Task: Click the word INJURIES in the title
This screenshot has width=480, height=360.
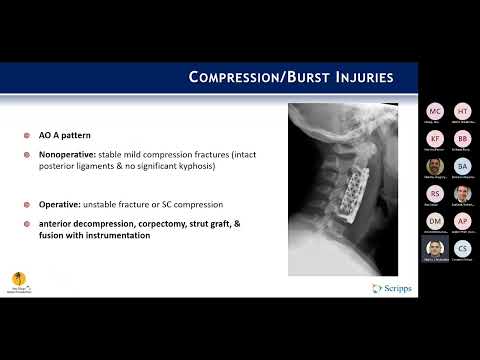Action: point(355,77)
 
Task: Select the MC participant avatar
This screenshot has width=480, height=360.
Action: point(435,111)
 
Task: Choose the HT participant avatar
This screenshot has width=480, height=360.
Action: point(462,111)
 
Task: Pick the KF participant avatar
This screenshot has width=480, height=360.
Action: point(435,138)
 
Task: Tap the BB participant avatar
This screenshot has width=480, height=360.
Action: point(462,138)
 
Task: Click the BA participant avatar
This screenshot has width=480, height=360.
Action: point(462,166)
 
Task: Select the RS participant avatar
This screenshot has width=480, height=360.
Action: point(435,193)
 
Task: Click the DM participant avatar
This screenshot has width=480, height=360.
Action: point(435,220)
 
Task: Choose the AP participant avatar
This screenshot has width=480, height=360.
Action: point(462,220)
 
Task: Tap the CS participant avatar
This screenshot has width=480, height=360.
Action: point(462,248)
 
